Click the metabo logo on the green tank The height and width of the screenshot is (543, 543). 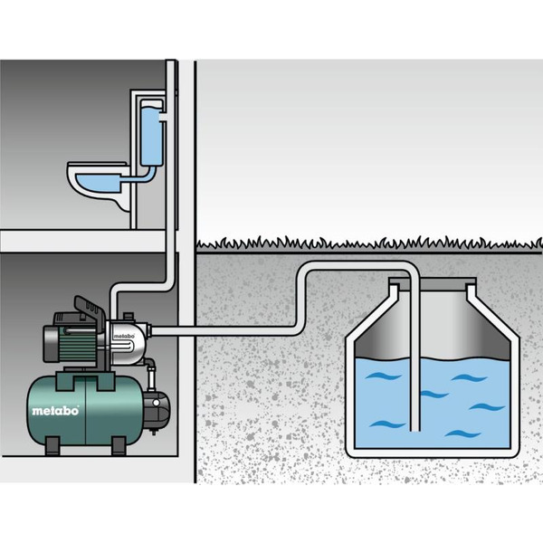(x=56, y=410)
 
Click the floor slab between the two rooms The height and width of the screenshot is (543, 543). (x=86, y=240)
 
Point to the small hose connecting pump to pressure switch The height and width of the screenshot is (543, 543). (x=154, y=371)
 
